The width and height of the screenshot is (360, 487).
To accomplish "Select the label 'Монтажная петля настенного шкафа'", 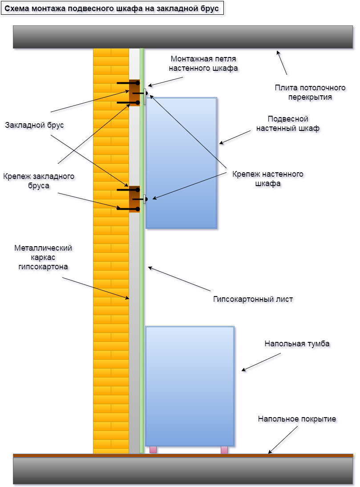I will [203, 63].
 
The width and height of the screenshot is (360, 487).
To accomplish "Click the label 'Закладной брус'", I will [35, 126].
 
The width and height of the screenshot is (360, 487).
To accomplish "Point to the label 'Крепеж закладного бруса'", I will [38, 181].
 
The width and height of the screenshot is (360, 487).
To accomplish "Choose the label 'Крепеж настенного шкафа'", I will [268, 178].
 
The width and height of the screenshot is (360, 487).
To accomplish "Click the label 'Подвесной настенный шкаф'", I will [288, 124].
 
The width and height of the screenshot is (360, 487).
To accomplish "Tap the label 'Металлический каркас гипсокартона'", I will [43, 257].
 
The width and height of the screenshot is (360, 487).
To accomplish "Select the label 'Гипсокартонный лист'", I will [253, 299].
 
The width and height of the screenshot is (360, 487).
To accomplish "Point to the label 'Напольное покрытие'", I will [297, 419].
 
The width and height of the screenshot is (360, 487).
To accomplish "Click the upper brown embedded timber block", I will [134, 93].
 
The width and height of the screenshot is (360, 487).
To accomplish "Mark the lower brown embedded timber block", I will [134, 199].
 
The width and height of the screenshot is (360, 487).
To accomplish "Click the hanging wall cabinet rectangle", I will [181, 163].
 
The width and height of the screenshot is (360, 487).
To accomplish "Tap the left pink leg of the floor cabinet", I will [153, 450].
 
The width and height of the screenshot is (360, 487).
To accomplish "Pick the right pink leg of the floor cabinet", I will [224, 450].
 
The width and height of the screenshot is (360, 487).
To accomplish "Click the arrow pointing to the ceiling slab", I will [282, 63].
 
